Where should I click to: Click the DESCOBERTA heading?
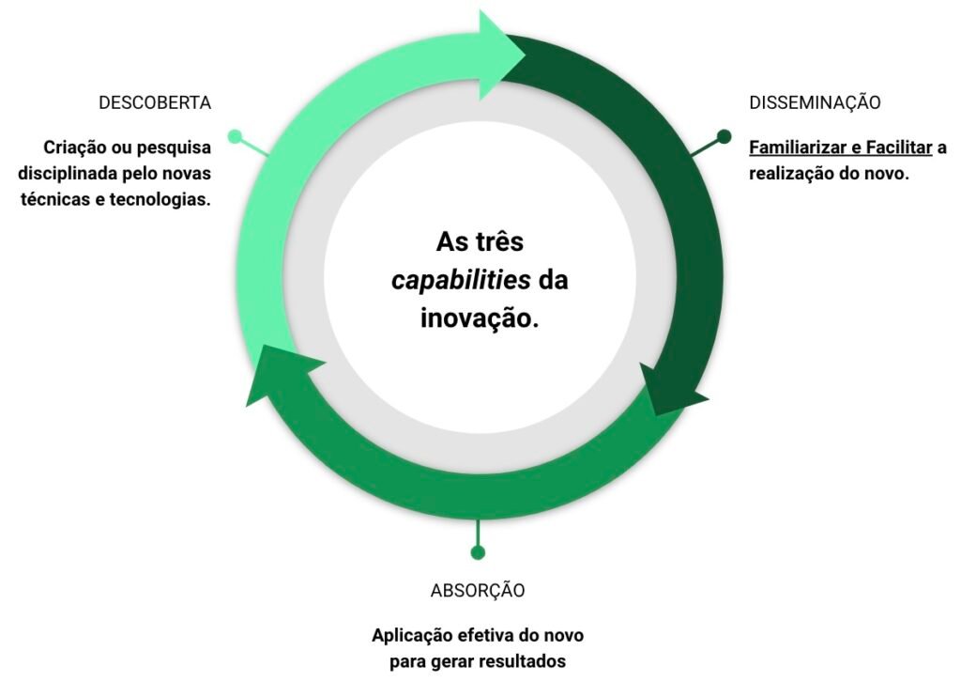pyautogui.click(x=155, y=102)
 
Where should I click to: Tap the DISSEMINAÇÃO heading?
pyautogui.click(x=815, y=101)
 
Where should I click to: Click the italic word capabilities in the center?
pyautogui.click(x=461, y=280)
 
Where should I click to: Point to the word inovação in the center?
pyautogui.click(x=480, y=318)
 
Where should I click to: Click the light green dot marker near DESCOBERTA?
pyautogui.click(x=235, y=136)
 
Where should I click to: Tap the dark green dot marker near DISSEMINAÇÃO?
pyautogui.click(x=724, y=136)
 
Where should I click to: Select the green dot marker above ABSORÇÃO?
pyautogui.click(x=478, y=552)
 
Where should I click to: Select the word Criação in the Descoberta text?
pyautogui.click(x=71, y=147)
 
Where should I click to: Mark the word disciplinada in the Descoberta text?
pyautogui.click(x=68, y=174)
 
